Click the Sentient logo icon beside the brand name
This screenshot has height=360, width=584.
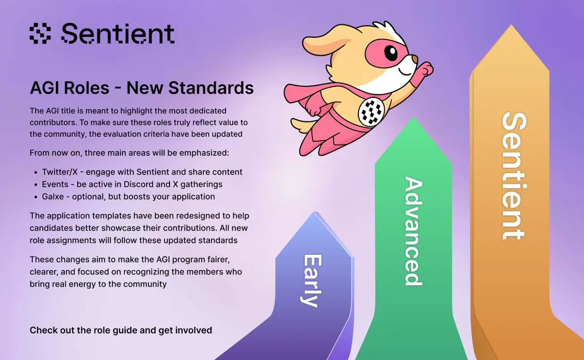[x=40, y=34]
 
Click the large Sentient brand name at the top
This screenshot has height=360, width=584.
[x=118, y=33]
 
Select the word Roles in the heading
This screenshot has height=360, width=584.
[x=86, y=88]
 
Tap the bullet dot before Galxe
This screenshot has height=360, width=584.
[x=36, y=197]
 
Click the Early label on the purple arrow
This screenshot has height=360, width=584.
[x=311, y=281]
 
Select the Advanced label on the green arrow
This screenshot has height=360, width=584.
[x=414, y=231]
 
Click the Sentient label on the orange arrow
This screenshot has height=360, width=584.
[x=514, y=175]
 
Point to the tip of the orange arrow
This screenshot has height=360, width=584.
[x=511, y=25]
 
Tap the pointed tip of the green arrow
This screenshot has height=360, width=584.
[x=413, y=118]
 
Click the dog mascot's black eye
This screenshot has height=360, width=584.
[x=391, y=53]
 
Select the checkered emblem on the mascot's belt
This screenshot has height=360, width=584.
[x=371, y=112]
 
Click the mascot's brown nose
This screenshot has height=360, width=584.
[x=414, y=59]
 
